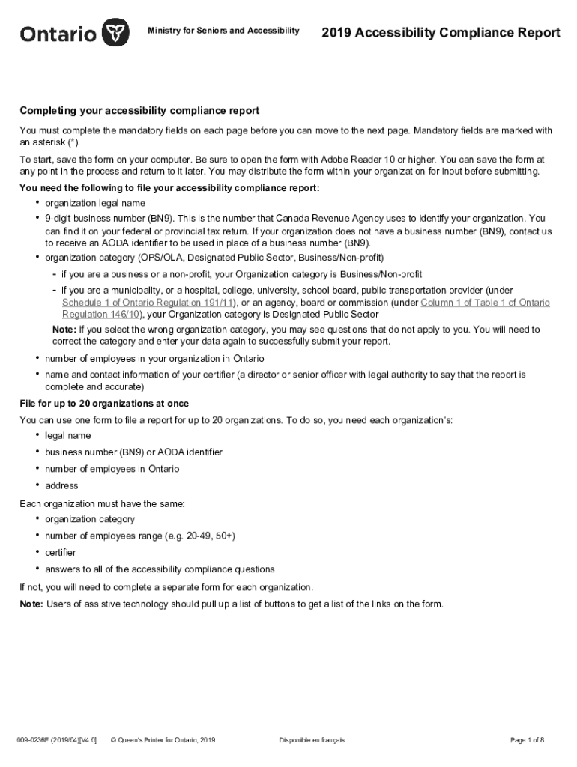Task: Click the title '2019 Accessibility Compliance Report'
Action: pos(441,33)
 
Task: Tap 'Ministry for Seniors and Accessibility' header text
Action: pos(224,31)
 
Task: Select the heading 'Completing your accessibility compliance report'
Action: pos(139,111)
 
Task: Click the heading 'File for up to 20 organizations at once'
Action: pos(104,404)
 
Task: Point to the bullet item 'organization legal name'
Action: pos(95,203)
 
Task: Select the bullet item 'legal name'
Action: pos(68,435)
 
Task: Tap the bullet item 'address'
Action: pos(61,485)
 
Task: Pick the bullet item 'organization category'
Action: pos(90,519)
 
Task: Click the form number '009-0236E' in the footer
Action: pos(37,740)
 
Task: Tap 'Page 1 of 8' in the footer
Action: pos(527,740)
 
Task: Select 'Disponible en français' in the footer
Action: pos(312,740)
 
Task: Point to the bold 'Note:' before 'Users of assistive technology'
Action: pos(31,604)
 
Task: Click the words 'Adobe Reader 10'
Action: pos(354,160)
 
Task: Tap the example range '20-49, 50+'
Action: pos(211,536)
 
